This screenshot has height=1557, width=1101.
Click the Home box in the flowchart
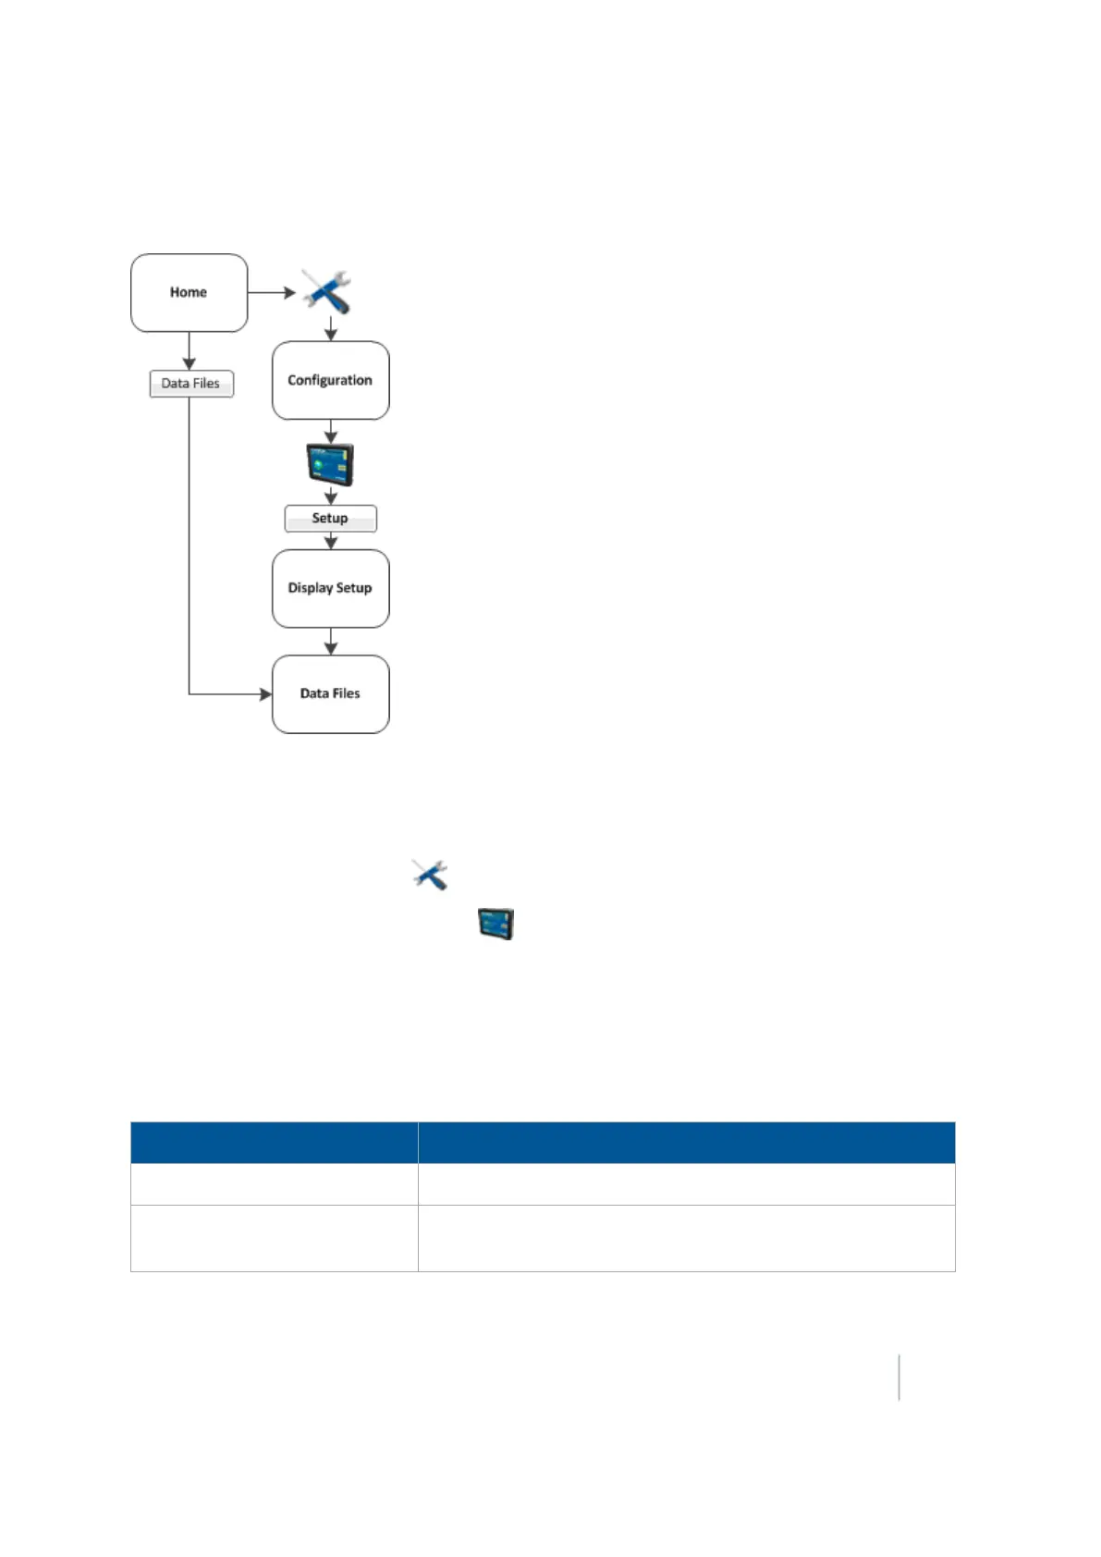(189, 292)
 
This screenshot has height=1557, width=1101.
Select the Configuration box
(330, 380)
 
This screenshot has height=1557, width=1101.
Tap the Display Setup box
(330, 588)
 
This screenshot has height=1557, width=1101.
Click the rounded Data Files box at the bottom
(330, 693)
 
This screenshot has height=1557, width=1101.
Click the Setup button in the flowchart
(330, 518)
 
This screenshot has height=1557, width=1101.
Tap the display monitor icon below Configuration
(330, 464)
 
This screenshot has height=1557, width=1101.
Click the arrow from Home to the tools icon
(272, 292)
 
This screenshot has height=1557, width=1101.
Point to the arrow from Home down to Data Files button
(190, 351)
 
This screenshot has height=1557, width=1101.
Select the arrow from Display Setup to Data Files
(330, 642)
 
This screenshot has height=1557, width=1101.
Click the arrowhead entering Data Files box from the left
(265, 693)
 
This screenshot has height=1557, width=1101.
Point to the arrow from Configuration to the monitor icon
(330, 432)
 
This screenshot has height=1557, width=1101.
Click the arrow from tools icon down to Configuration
(330, 329)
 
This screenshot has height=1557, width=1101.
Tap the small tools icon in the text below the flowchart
(430, 874)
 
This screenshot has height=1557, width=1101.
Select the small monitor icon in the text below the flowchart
(495, 924)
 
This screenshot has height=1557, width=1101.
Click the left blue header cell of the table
(274, 1142)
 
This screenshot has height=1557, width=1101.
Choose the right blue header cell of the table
(686, 1142)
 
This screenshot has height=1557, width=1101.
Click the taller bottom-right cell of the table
(686, 1238)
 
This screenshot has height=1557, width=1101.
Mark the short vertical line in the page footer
(899, 1377)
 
